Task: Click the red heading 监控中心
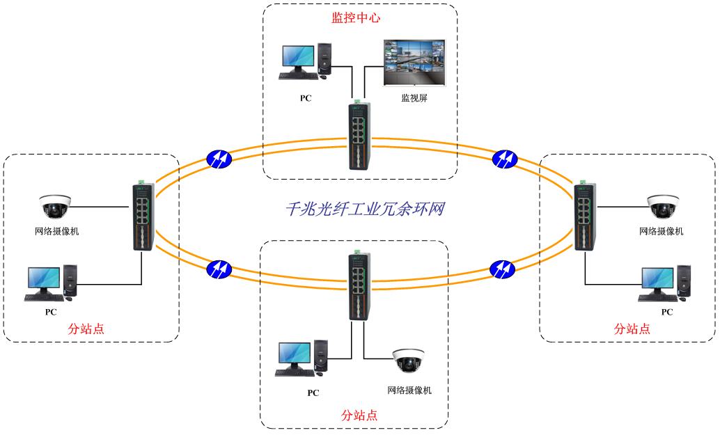coord(356,18)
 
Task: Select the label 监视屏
coord(414,98)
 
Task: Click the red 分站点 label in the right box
coord(632,329)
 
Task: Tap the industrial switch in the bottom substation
coord(357,285)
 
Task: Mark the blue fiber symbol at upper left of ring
coord(219,159)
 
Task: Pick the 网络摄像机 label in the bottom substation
coord(409,390)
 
